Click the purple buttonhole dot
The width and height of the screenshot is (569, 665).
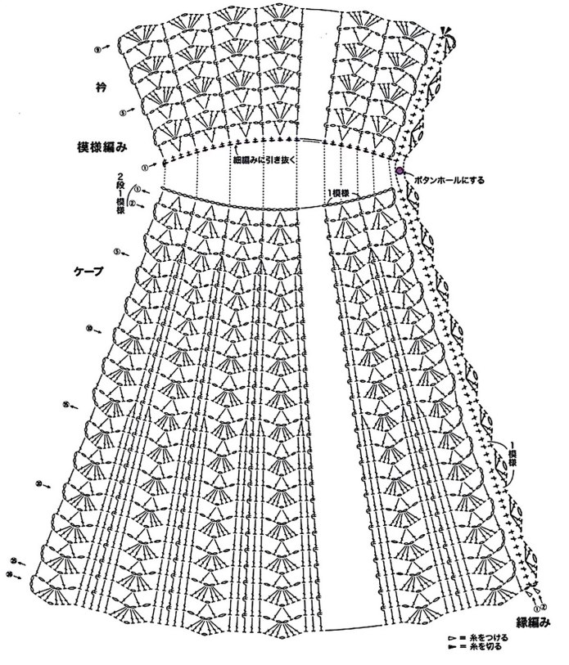(400, 170)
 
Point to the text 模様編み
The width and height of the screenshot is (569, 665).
(102, 147)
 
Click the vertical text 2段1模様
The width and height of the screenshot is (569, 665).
(120, 192)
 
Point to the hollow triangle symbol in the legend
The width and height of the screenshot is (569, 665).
(451, 636)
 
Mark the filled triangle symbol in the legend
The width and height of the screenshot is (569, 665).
(451, 646)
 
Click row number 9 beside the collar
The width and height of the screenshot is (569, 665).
(98, 50)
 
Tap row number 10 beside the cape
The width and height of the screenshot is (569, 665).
(88, 329)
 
